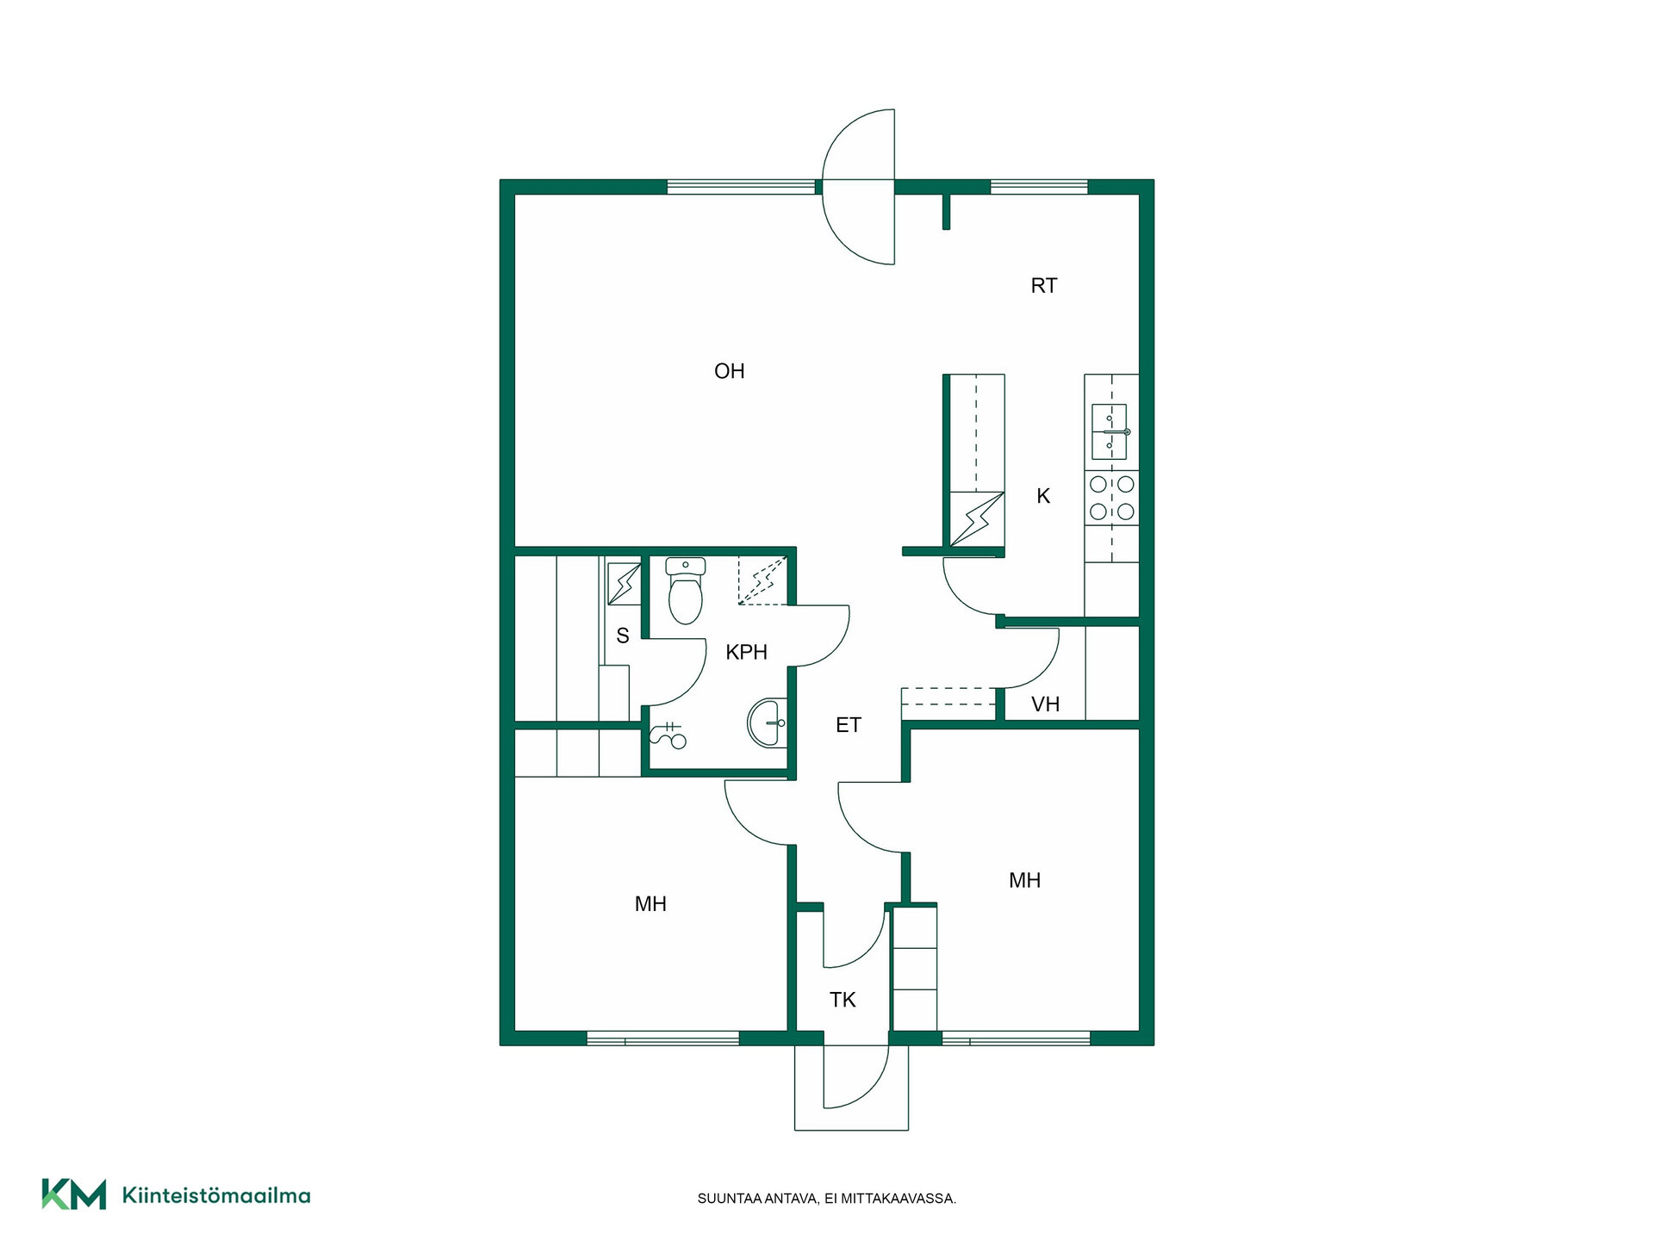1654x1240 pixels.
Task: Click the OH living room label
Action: point(729,371)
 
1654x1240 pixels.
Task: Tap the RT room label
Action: point(1043,286)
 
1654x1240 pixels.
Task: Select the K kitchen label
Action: point(1043,496)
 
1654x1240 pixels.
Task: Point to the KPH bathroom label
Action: point(746,653)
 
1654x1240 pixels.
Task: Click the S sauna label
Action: point(623,636)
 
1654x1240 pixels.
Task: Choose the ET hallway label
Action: point(849,725)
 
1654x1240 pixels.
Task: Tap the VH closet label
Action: point(1045,704)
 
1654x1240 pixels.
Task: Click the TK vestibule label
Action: point(843,1000)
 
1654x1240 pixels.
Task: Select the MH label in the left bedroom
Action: point(650,904)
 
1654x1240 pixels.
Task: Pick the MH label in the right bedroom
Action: point(1024,880)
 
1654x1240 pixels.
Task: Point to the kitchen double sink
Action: point(1110,431)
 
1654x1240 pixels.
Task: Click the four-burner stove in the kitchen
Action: point(1111,498)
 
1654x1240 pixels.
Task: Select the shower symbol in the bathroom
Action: point(668,735)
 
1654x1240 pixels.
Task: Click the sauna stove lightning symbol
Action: point(624,584)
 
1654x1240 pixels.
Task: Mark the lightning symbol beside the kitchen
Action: point(977,519)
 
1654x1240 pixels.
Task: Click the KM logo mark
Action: point(74,1194)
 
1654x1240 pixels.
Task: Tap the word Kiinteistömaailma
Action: point(216,1195)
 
